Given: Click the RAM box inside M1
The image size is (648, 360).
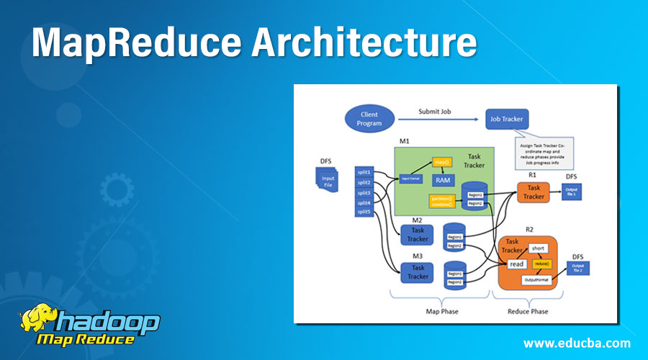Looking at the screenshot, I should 442,179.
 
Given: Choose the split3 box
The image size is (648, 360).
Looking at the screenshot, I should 364,193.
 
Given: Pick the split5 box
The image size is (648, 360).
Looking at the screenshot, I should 364,212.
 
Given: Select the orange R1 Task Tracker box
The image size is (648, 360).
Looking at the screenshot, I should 534,192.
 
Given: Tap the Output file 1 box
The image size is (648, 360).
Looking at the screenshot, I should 572,192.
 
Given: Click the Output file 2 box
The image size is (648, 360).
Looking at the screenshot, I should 578,269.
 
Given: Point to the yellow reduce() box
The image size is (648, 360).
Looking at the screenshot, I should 541,264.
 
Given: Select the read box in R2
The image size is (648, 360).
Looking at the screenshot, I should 516,264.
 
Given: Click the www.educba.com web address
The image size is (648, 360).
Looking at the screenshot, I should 577,342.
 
